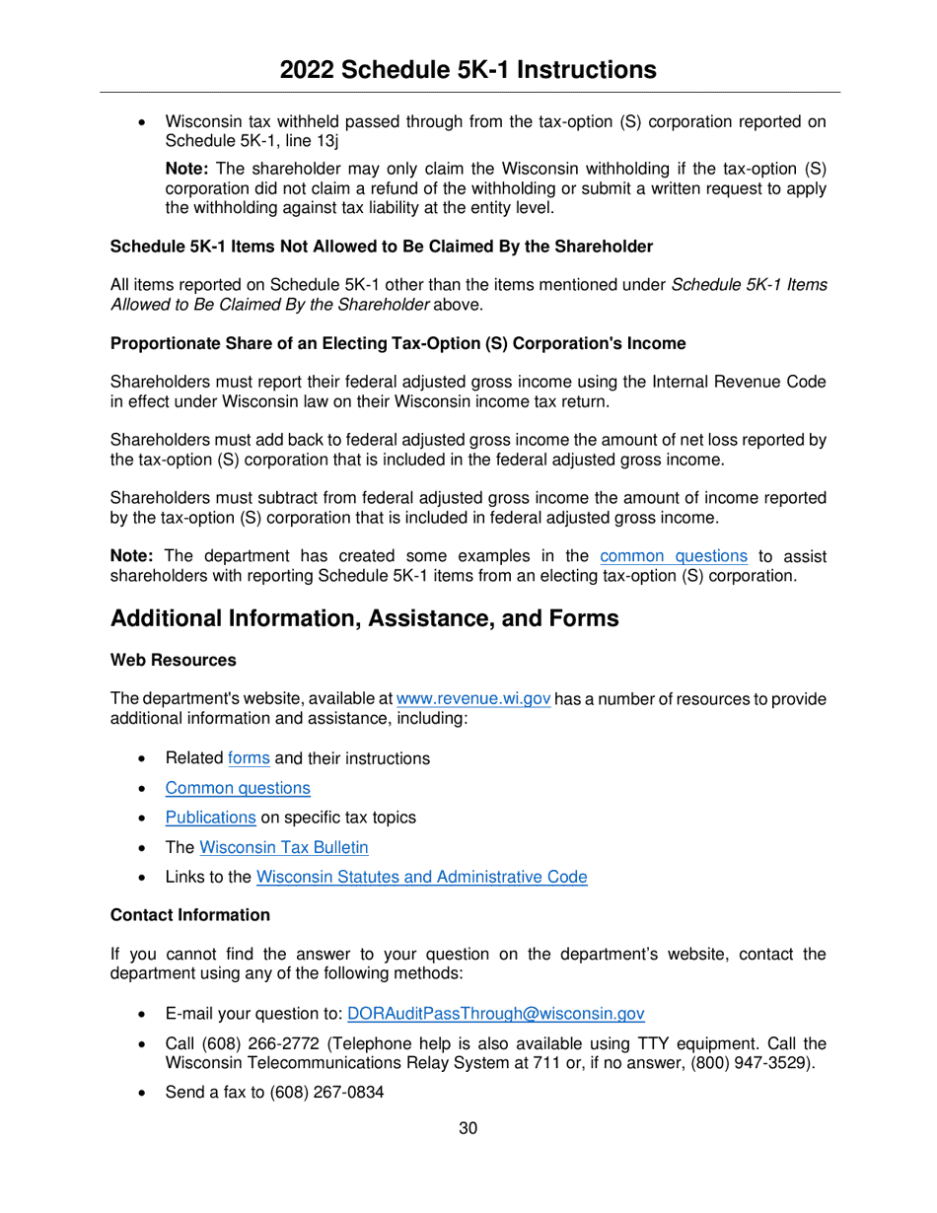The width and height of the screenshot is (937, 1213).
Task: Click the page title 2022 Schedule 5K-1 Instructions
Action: [x=468, y=69]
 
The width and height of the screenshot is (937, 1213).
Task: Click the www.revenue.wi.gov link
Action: [x=472, y=699]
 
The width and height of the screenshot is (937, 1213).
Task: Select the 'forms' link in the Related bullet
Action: [x=249, y=758]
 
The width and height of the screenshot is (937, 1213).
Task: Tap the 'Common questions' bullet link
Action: [x=238, y=788]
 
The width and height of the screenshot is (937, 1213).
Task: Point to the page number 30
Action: [x=468, y=1128]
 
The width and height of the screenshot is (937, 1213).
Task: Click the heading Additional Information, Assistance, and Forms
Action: [x=364, y=618]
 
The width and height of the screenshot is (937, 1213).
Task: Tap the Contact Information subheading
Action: [x=189, y=914]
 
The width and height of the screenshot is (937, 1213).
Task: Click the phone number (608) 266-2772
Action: [x=252, y=1043]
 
